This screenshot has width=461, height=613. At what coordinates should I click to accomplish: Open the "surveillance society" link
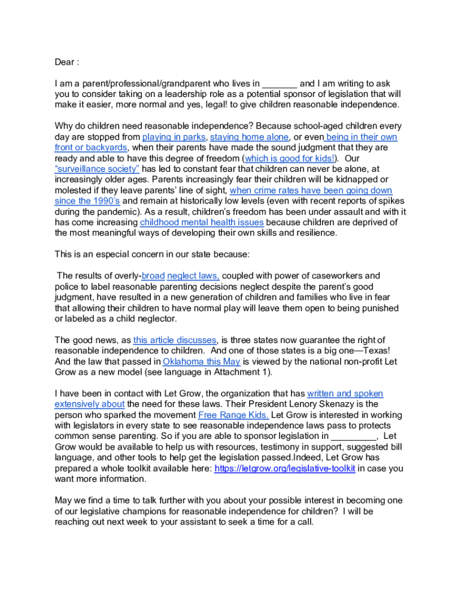[97, 169]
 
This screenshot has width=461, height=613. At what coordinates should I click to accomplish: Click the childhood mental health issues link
[202, 222]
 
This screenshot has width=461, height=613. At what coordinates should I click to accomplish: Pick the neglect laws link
[193, 276]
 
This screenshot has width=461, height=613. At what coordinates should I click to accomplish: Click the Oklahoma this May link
[202, 362]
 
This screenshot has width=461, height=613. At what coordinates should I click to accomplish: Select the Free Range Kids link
[233, 415]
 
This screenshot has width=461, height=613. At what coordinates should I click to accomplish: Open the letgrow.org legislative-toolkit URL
[284, 469]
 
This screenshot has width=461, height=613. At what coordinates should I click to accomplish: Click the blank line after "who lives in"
[280, 84]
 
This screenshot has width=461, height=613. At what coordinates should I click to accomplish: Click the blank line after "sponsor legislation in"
[353, 436]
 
